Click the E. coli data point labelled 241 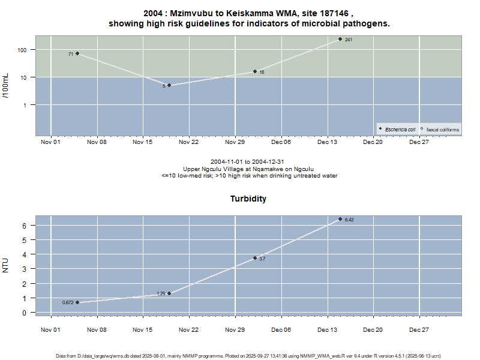340,39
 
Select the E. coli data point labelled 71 77,53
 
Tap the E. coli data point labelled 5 169,85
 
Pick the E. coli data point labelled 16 255,71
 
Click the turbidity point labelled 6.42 340,219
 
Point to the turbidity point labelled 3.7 255,258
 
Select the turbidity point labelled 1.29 169,293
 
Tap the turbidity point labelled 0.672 77,302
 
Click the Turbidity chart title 248,199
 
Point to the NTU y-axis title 7,265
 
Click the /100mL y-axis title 7,85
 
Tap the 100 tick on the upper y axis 23,50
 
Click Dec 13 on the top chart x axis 327,142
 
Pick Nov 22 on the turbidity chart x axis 188,329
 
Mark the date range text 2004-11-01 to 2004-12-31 248,163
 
